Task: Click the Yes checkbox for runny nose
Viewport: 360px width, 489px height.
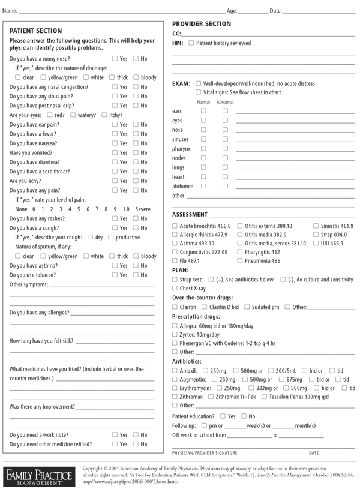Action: pos(115,59)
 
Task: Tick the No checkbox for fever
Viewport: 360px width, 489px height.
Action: pos(136,134)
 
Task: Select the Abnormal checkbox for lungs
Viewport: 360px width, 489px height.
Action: pos(225,167)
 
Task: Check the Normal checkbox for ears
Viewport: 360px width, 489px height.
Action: pos(203,111)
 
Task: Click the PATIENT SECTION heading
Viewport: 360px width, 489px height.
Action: pos(36,31)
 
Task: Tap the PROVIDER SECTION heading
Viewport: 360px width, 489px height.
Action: pos(202,24)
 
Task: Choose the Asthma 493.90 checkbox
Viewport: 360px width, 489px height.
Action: pos(175,244)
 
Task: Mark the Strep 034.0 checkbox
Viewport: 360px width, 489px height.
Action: pos(316,235)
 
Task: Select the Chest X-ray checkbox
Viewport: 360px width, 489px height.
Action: pos(175,289)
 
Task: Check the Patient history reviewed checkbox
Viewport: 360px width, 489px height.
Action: pos(191,43)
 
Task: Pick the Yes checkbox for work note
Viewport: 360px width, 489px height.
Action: pos(115,434)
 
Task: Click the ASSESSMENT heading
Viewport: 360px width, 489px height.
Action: pos(190,215)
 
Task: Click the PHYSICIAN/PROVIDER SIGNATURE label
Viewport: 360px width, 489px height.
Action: pos(205,453)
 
